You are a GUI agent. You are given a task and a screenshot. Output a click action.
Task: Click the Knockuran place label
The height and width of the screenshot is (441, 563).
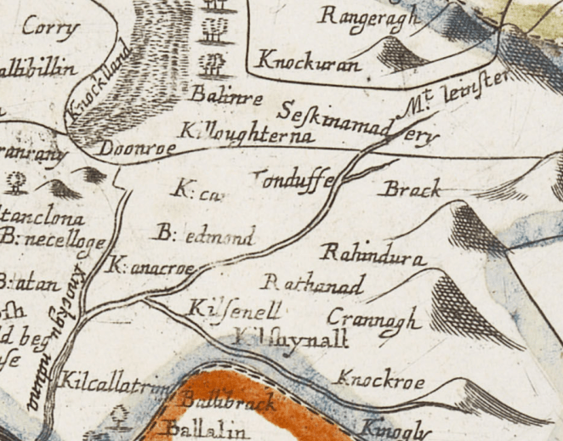[299, 62]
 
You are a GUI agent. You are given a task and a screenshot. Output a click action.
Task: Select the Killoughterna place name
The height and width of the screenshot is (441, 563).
[247, 133]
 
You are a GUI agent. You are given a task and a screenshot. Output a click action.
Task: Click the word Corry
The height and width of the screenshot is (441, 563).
[51, 28]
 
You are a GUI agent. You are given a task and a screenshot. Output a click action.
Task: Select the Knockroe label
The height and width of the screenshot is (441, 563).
[380, 379]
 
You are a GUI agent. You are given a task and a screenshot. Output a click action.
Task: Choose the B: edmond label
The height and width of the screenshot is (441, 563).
[206, 234]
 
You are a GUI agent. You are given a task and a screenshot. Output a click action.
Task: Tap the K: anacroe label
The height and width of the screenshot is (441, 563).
[153, 267]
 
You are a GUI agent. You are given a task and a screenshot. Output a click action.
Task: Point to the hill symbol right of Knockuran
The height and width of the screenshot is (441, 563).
[399, 54]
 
